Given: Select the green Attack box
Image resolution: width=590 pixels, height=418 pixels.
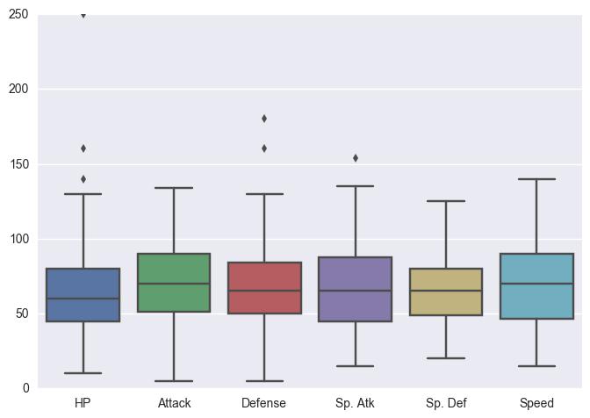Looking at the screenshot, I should (x=174, y=283).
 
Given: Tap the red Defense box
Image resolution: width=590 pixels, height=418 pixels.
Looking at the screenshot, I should (x=264, y=288).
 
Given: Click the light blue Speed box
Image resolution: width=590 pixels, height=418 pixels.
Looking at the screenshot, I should (x=536, y=286).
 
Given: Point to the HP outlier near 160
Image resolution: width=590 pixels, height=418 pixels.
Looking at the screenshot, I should (x=83, y=148).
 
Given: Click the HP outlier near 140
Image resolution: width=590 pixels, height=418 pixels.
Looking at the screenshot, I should (x=83, y=179).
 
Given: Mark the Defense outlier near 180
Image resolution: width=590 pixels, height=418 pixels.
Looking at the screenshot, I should (x=264, y=119).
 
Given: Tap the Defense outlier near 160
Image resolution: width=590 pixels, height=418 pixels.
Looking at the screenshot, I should (x=264, y=148).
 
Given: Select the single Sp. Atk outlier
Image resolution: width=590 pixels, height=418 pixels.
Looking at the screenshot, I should (x=355, y=158).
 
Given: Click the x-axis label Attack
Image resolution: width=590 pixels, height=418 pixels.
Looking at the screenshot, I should (x=174, y=403).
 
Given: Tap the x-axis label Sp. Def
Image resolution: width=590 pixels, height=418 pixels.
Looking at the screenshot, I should (x=445, y=403).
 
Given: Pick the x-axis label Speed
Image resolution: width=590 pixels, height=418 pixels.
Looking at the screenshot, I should (x=536, y=403).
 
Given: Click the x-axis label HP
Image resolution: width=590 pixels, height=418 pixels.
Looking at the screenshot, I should (x=83, y=403).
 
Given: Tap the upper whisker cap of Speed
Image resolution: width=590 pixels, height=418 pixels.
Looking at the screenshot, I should (x=536, y=179).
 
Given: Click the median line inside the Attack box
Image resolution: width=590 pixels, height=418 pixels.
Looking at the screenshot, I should (x=174, y=284).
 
